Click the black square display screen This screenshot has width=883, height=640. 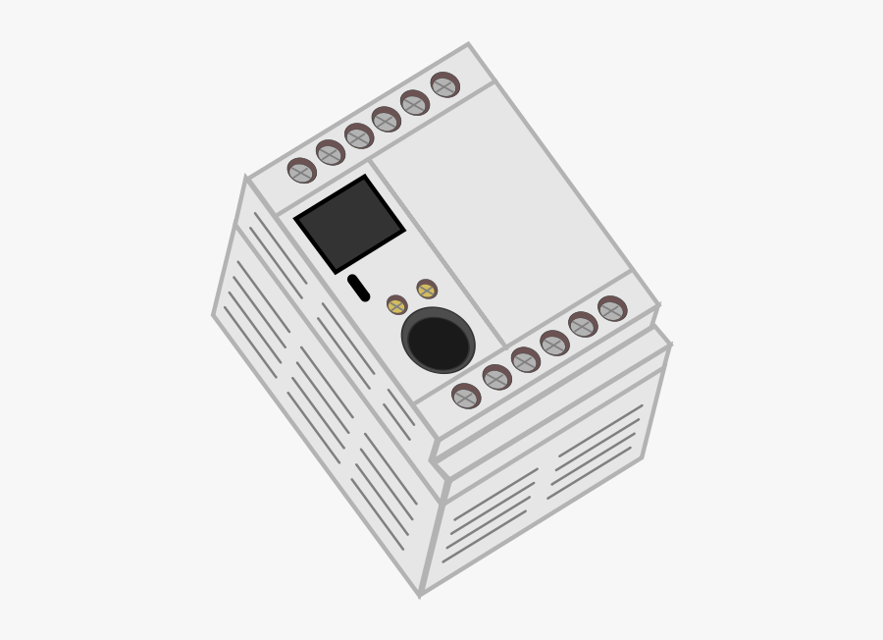point(349,225)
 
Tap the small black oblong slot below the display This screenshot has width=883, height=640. point(358,288)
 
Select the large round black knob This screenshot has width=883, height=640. point(438,341)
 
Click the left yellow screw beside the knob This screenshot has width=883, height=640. point(396,305)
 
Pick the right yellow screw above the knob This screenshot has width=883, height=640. point(426,290)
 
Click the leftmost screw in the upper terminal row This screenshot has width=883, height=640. point(301,171)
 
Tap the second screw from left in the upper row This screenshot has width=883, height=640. point(330,153)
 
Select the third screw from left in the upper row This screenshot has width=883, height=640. point(358,136)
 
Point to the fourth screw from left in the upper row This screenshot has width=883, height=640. point(386,120)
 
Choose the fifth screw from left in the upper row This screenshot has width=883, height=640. point(414,103)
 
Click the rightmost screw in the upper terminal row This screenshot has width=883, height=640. point(444,85)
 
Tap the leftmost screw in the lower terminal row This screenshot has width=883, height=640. point(466,396)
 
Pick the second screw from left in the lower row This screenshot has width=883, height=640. point(496,378)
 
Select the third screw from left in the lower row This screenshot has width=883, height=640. point(525,360)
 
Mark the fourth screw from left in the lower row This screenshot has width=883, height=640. point(553,344)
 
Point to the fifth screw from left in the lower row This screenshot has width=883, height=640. point(582,325)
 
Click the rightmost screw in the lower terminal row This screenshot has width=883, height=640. point(612,309)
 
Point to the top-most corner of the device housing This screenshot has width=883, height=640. point(468,44)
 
